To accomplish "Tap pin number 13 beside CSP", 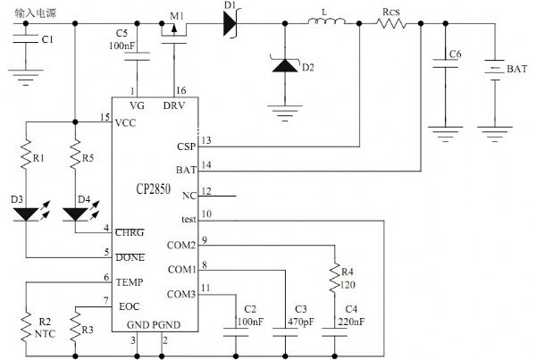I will point(206,140).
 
